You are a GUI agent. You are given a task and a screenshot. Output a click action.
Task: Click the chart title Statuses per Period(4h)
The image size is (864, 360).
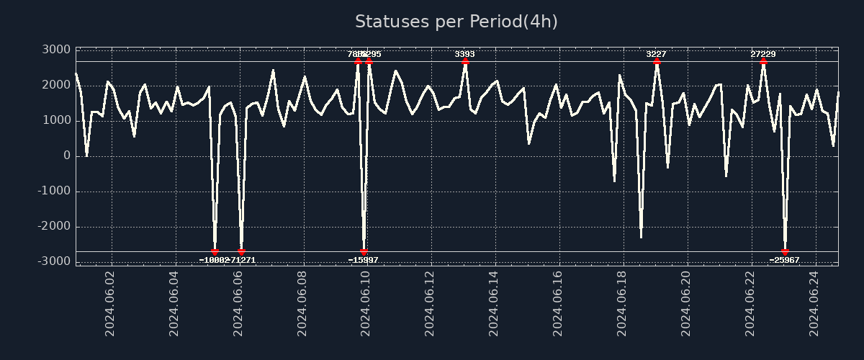456,22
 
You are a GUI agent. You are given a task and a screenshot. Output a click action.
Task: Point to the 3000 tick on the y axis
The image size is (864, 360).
56,50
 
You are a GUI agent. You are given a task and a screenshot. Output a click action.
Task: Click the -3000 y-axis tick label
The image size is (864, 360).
53,261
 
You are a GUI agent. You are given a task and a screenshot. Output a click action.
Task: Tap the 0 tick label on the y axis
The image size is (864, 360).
66,156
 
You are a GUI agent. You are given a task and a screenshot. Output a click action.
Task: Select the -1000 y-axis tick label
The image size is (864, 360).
53,191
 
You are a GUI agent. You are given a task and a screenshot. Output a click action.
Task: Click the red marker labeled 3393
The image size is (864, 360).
465,61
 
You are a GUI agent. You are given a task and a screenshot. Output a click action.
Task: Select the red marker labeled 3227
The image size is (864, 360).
657,61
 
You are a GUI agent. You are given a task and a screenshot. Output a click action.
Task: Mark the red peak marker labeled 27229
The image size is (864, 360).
763,61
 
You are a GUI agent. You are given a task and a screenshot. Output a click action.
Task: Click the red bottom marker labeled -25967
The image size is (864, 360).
785,252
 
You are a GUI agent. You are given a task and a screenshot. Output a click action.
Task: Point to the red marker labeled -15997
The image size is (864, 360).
364,252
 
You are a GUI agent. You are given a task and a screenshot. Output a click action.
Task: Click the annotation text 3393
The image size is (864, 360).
464,54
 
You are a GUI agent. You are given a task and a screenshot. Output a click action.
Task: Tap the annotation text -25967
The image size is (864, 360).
784,260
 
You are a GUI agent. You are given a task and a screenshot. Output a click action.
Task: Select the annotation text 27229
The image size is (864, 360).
763,54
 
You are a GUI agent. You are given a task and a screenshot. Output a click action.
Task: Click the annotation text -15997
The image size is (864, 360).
363,260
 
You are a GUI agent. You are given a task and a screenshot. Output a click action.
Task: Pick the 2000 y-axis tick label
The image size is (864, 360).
56,85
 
